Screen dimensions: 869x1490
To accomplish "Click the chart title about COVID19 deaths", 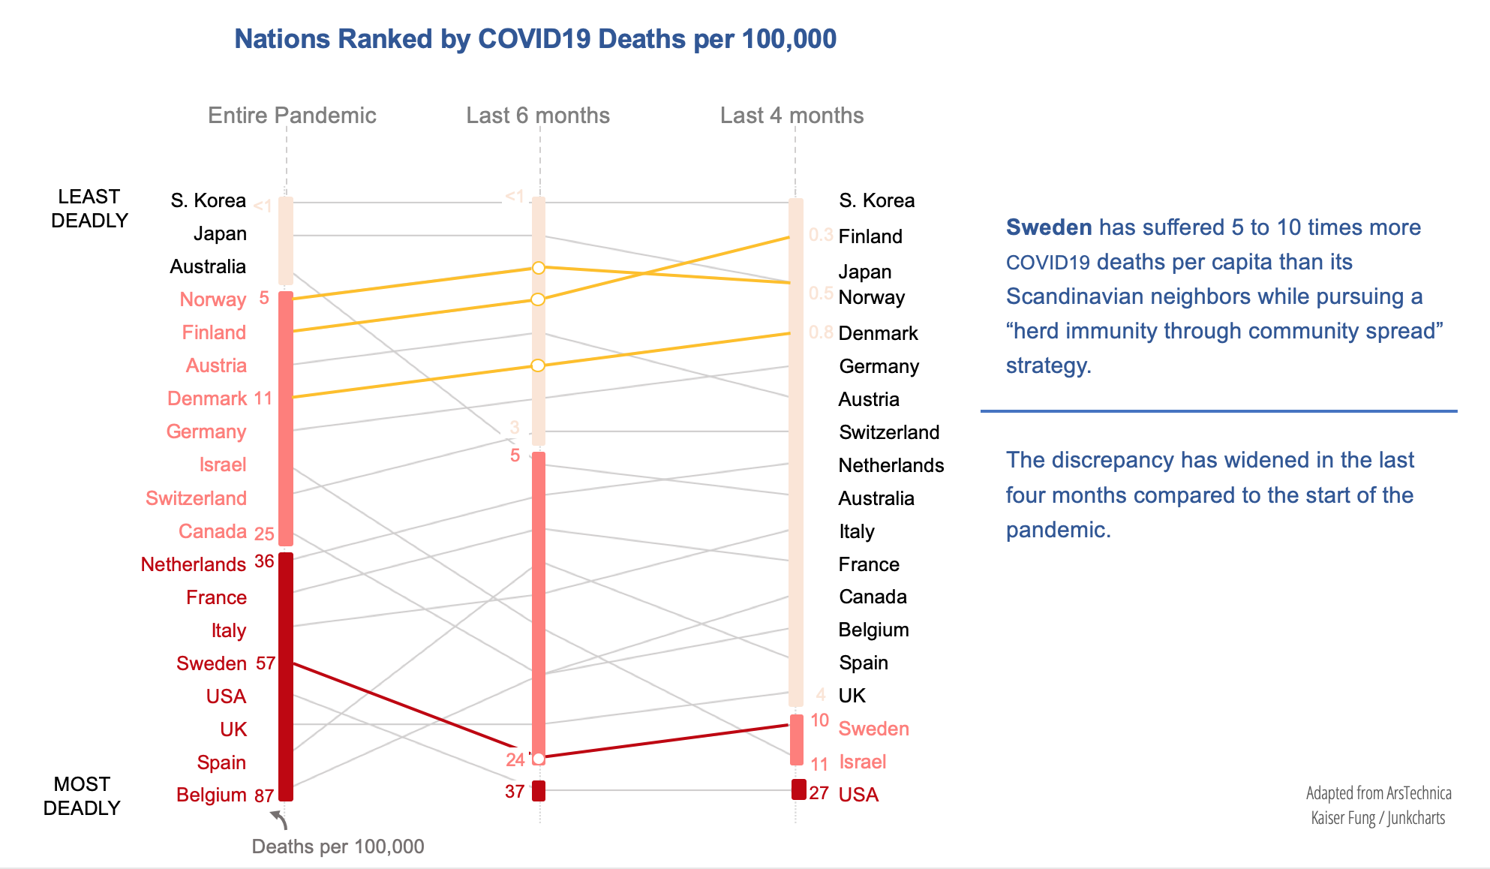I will [535, 39].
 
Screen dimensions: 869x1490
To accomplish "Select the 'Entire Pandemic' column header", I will [292, 116].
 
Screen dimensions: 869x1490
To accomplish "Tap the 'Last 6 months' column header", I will [538, 116].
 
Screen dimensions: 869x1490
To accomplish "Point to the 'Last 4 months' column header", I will [792, 116].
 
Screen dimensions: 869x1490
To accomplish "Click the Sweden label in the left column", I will [212, 663].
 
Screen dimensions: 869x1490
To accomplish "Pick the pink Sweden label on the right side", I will [873, 729].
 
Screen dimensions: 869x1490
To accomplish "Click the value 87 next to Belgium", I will [264, 795].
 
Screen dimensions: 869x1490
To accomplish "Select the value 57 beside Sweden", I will [266, 663].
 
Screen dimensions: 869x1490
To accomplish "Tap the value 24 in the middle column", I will [515, 759].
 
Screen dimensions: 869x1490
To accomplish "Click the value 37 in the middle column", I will [515, 792].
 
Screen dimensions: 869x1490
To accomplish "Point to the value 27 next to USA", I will [819, 793].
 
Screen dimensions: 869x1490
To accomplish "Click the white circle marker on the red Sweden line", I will [538, 759].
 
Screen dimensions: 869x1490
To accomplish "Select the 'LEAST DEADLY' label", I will [89, 209].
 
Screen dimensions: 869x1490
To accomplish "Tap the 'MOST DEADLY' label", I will [82, 796].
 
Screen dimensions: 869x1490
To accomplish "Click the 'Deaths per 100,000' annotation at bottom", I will [338, 846].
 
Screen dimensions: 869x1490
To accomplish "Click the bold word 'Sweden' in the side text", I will [1048, 227].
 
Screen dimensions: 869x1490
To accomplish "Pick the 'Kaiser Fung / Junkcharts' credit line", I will [1377, 818].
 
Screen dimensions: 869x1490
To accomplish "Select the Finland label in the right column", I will [870, 236].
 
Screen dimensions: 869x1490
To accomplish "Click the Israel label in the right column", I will [862, 762].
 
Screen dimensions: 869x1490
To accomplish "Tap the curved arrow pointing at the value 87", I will [279, 819].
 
